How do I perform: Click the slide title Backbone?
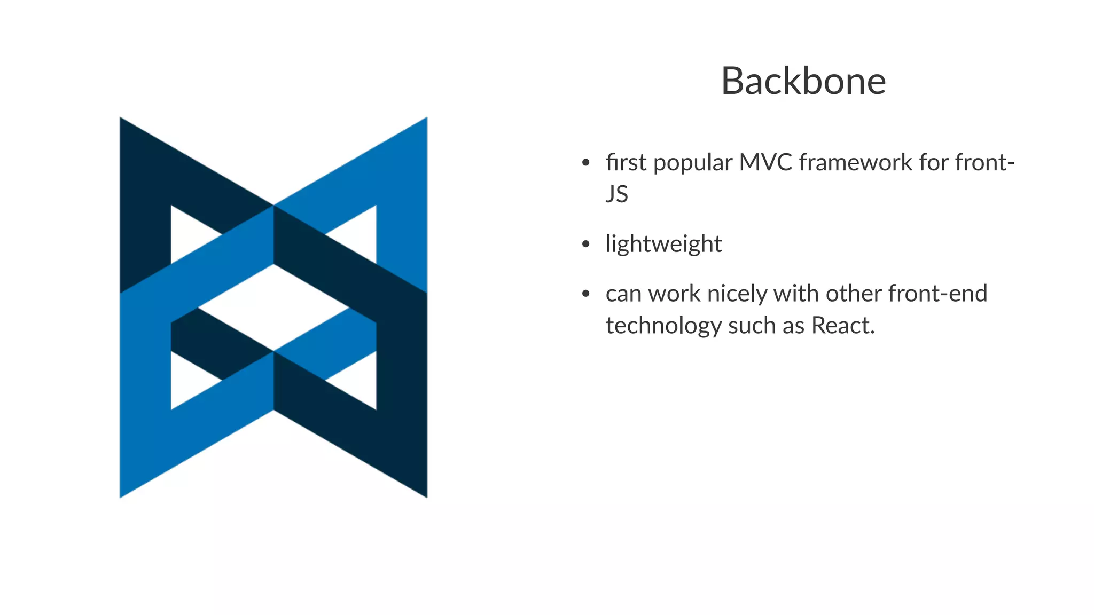[803, 81]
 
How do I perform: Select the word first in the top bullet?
[626, 162]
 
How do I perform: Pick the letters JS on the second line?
[616, 194]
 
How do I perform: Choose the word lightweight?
[663, 245]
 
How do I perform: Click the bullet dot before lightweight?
[585, 245]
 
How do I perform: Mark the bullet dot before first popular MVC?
[585, 163]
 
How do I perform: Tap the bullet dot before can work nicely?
[585, 294]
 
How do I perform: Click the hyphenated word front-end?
[937, 294]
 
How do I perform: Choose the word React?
[842, 326]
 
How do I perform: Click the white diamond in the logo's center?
[273, 307]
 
